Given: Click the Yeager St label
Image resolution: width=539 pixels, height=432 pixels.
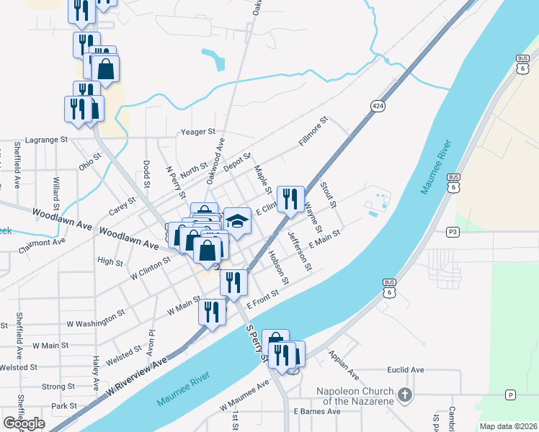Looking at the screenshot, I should click(197, 132).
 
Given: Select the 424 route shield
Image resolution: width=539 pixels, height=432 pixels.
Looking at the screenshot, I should click(378, 105).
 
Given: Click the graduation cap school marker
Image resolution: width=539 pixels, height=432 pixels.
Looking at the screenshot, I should click(237, 220).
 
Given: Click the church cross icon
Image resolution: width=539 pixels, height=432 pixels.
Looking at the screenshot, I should click(405, 395).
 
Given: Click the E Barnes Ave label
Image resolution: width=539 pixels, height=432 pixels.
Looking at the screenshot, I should click(317, 411).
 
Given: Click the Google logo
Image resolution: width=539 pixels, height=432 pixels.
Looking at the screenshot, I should click(24, 423).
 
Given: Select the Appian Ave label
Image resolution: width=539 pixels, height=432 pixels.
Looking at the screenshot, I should click(343, 366).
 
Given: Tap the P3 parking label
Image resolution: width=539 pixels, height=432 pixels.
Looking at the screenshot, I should click(452, 232).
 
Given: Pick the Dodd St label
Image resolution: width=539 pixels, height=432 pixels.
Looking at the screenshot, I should click(146, 174).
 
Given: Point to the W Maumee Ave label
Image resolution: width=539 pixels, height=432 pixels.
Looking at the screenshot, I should click(244, 405).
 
